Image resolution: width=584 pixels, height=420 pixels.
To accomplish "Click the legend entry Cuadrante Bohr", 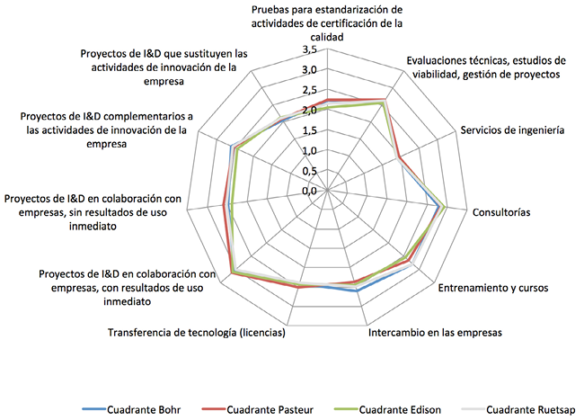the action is (131, 410).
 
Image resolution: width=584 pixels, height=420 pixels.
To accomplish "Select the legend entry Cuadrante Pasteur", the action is (258, 410).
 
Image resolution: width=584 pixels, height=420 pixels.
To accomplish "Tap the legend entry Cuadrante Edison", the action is (387, 410).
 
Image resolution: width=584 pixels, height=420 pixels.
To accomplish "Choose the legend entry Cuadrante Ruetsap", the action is (518, 410).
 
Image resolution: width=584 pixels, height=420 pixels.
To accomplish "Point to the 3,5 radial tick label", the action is (309, 50).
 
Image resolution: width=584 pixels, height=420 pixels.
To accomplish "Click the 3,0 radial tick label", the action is (309, 70).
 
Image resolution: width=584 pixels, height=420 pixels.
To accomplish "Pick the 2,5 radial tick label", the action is (309, 91).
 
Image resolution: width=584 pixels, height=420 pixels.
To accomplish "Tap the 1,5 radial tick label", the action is (309, 130).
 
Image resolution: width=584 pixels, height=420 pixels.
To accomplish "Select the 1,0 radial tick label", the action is (309, 151).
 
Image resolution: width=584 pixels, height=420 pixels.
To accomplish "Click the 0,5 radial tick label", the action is (309, 171).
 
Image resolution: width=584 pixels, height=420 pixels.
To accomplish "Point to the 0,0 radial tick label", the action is (309, 192).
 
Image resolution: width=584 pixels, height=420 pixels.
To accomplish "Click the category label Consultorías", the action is (501, 212).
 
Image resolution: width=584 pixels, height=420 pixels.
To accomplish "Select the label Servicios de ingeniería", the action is (512, 130).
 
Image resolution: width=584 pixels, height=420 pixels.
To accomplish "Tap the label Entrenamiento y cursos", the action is (493, 288).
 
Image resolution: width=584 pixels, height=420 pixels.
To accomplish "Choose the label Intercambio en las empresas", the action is (435, 333).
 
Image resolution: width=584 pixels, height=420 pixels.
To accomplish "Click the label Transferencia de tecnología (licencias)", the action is (197, 333).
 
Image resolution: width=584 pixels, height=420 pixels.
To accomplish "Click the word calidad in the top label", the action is (327, 37).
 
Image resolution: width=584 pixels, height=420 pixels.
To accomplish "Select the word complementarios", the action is (155, 117).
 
